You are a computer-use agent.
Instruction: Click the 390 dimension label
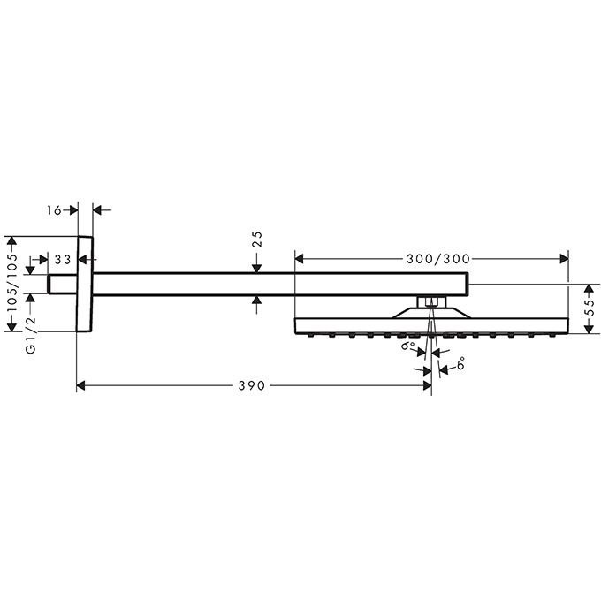point(251,385)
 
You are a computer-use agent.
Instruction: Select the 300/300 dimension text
point(438,259)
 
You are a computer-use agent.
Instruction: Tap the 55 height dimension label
point(592,307)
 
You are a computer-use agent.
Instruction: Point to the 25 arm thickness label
point(257,240)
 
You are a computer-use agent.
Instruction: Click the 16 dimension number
point(54,210)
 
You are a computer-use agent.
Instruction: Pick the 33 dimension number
point(63,260)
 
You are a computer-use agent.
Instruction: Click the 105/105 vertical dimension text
point(12,283)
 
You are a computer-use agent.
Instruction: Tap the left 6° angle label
point(408,346)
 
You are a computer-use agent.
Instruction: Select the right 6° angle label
point(460,362)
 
